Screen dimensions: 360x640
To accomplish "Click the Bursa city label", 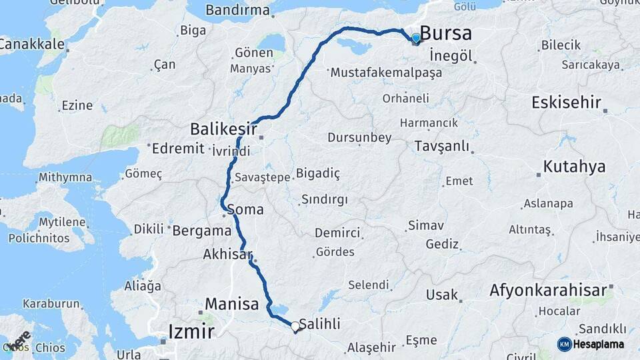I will (x=446, y=33).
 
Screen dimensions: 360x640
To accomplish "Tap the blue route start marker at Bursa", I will (x=416, y=38).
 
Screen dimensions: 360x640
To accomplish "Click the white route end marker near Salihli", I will (x=295, y=326).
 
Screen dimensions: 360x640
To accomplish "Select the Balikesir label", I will (x=223, y=127).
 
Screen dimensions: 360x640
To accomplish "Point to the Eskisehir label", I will (x=566, y=103).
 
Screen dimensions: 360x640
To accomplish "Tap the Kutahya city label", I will (x=574, y=167).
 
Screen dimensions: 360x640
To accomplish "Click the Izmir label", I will (x=191, y=331).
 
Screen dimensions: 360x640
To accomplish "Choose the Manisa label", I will (x=231, y=305).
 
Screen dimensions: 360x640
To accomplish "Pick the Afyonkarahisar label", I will (x=548, y=290).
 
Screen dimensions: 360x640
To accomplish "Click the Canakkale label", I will (x=31, y=45).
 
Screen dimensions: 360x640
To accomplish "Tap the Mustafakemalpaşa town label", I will (x=386, y=72).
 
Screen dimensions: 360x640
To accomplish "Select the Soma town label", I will (x=245, y=209).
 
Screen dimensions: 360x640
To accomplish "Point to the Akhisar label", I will (x=228, y=254).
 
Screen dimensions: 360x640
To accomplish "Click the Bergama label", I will (x=201, y=231).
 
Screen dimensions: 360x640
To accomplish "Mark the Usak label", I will (x=442, y=294).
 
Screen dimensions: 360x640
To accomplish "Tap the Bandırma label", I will (x=237, y=10).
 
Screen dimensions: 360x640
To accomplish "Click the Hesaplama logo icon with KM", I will (x=565, y=344).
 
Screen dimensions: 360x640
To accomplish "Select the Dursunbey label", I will (x=359, y=138).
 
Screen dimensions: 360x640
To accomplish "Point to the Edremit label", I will (x=176, y=149).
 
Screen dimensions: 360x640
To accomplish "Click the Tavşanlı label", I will (x=441, y=146).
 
